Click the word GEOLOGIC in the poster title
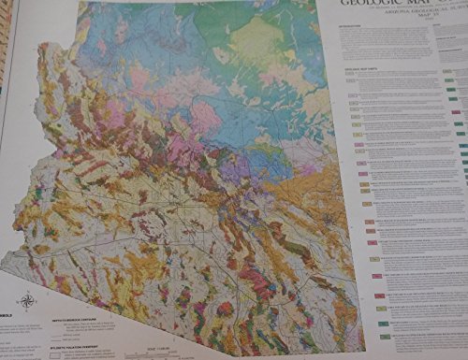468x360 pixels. [x=360, y=4]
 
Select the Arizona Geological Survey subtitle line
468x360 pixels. [x=394, y=20]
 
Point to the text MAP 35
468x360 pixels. [x=394, y=27]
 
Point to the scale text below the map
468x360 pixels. [x=159, y=345]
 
